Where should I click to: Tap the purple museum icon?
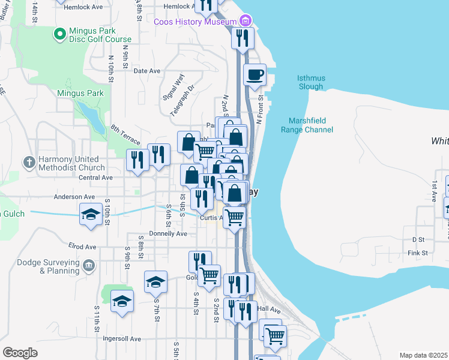[x=246, y=22]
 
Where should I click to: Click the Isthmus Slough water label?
[x=310, y=82]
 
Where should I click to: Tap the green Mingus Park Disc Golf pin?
[x=59, y=35]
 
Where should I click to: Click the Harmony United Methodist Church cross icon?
[x=28, y=162]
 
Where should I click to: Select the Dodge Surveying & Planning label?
[x=40, y=266]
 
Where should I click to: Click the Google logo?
[x=20, y=352]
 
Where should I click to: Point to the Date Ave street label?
[x=146, y=71]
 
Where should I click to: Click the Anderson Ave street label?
[x=74, y=196]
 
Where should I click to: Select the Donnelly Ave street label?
[x=168, y=233]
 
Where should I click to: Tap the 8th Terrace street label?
[x=125, y=135]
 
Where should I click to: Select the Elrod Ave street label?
[x=82, y=247]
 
